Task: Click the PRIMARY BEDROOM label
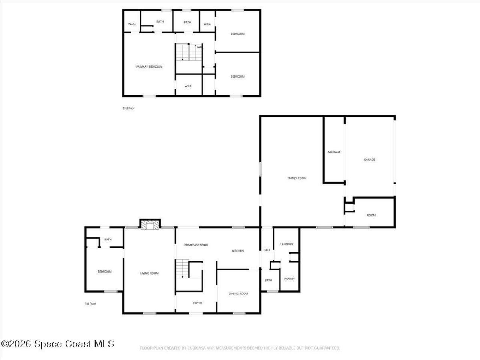pos(149,66)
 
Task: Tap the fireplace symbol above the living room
pos(150,224)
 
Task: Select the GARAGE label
pos(369,160)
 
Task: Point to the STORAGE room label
pos(334,152)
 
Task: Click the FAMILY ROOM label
pos(297,178)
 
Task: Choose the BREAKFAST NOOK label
pos(196,245)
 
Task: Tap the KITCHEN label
pos(238,251)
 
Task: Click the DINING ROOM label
pos(238,294)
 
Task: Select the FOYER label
pos(198,303)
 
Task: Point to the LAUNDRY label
pos(287,244)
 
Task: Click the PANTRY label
pos(289,279)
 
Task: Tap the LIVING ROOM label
pos(149,273)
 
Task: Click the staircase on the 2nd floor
pos(189,52)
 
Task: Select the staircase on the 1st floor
pos(182,268)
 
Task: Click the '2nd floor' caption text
pos(128,108)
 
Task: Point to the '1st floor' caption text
pos(90,303)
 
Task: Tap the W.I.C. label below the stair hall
pos(188,86)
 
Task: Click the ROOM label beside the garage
pos(371,215)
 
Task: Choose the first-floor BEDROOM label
pos(104,271)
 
